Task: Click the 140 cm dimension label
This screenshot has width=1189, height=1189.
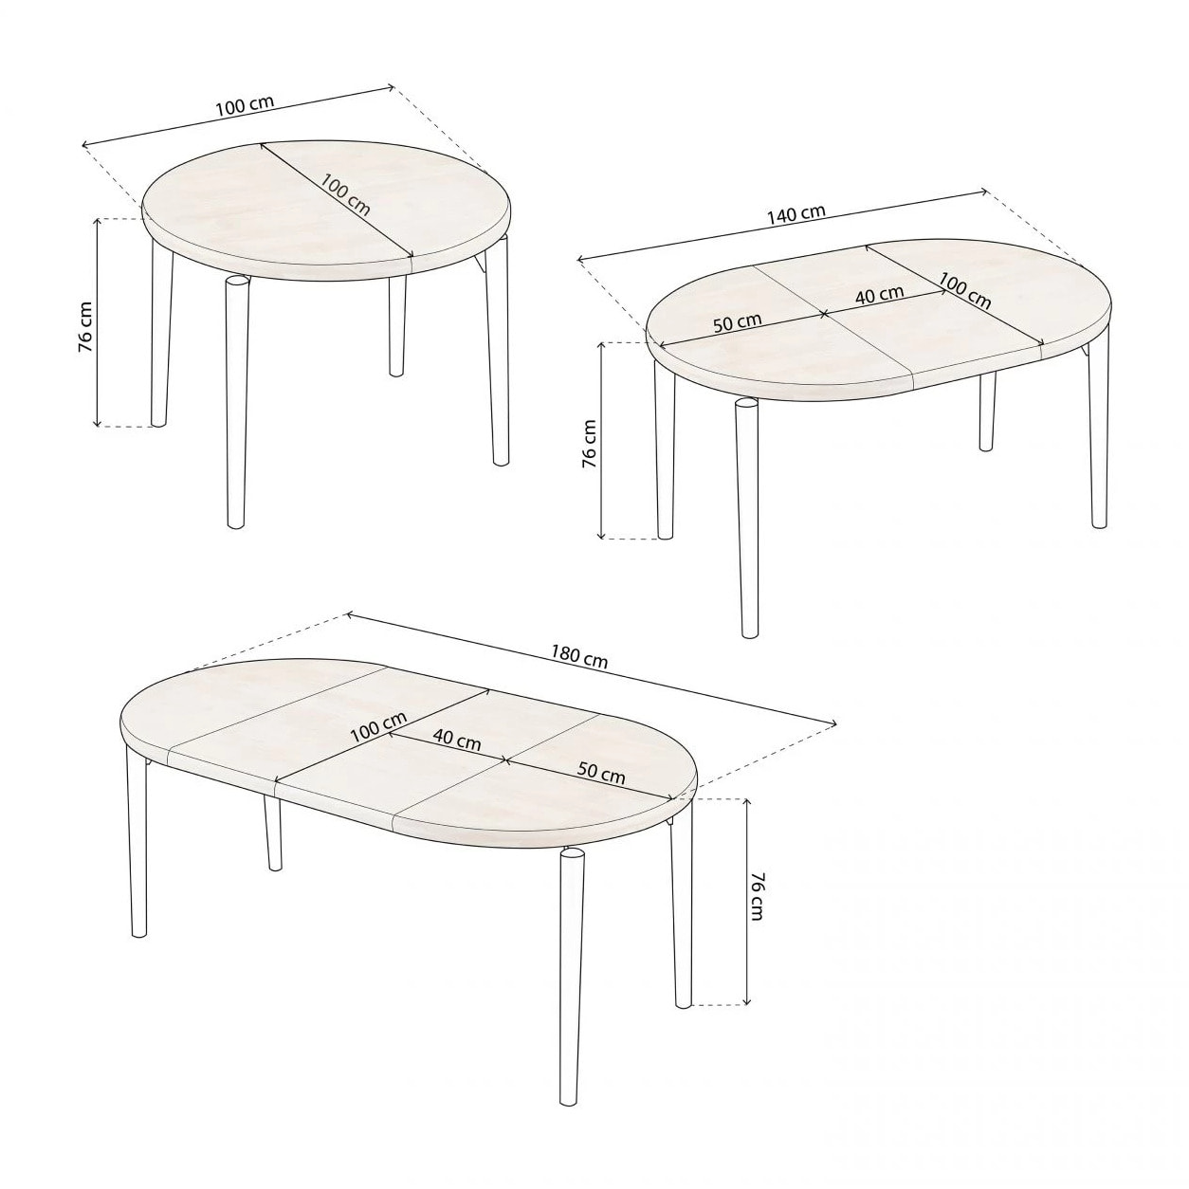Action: (x=796, y=213)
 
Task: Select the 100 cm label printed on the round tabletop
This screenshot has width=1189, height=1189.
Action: (x=345, y=193)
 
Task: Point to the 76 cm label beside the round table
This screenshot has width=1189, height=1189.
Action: (x=85, y=326)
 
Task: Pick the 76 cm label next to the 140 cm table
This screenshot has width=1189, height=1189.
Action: (x=590, y=443)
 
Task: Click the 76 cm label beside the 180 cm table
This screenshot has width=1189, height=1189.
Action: (x=757, y=896)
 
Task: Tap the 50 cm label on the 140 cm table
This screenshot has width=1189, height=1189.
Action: (x=737, y=320)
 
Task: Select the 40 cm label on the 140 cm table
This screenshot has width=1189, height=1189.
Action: (x=879, y=294)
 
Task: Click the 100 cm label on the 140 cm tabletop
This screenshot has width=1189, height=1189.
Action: (x=965, y=291)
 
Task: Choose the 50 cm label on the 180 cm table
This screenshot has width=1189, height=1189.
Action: (x=601, y=773)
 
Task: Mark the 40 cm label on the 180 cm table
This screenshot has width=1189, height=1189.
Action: (x=456, y=738)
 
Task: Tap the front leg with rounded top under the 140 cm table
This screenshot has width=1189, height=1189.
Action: (x=747, y=518)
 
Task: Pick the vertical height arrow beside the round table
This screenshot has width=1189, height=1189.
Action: (x=98, y=322)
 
